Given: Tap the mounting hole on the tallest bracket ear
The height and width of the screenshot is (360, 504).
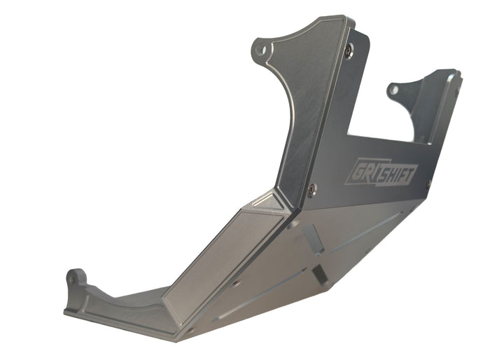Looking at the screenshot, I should [x=260, y=50].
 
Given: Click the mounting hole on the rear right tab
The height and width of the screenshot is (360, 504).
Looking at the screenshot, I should [x=394, y=89].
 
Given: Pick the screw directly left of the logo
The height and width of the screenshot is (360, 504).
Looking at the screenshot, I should [x=312, y=186].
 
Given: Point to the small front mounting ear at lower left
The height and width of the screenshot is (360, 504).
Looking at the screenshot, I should [x=75, y=280].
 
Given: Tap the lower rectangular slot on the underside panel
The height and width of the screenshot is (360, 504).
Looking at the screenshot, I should [x=319, y=275].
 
